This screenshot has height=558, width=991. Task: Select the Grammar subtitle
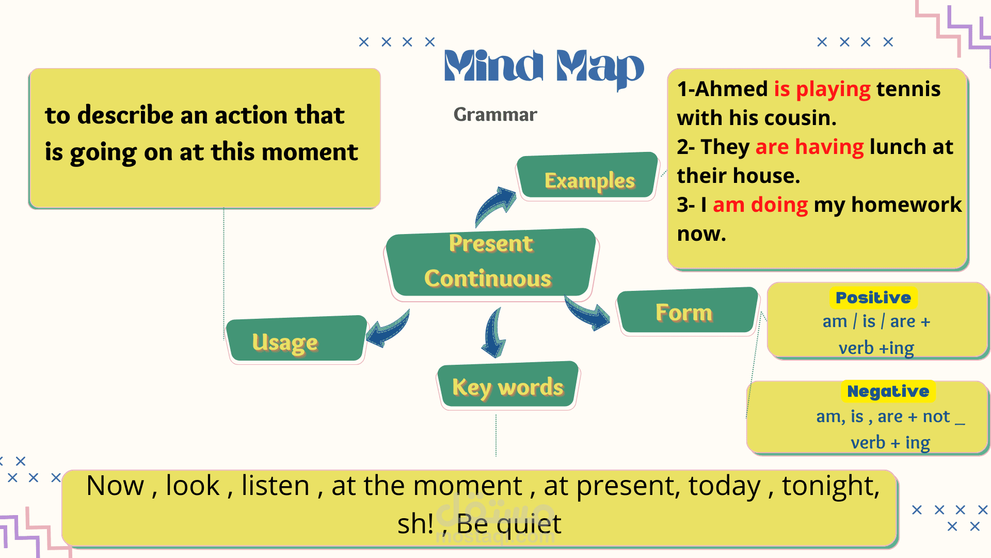click(x=495, y=115)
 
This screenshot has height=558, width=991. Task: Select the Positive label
click(x=873, y=298)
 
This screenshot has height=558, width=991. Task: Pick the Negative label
click(x=888, y=392)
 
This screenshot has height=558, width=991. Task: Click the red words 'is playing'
click(x=822, y=89)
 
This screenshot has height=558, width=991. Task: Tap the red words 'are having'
click(x=809, y=147)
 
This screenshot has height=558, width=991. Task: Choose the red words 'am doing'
click(x=760, y=205)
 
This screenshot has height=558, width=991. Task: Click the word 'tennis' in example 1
click(x=908, y=89)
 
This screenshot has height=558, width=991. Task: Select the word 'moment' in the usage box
click(x=310, y=152)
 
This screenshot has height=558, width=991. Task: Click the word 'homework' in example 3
click(x=906, y=205)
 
